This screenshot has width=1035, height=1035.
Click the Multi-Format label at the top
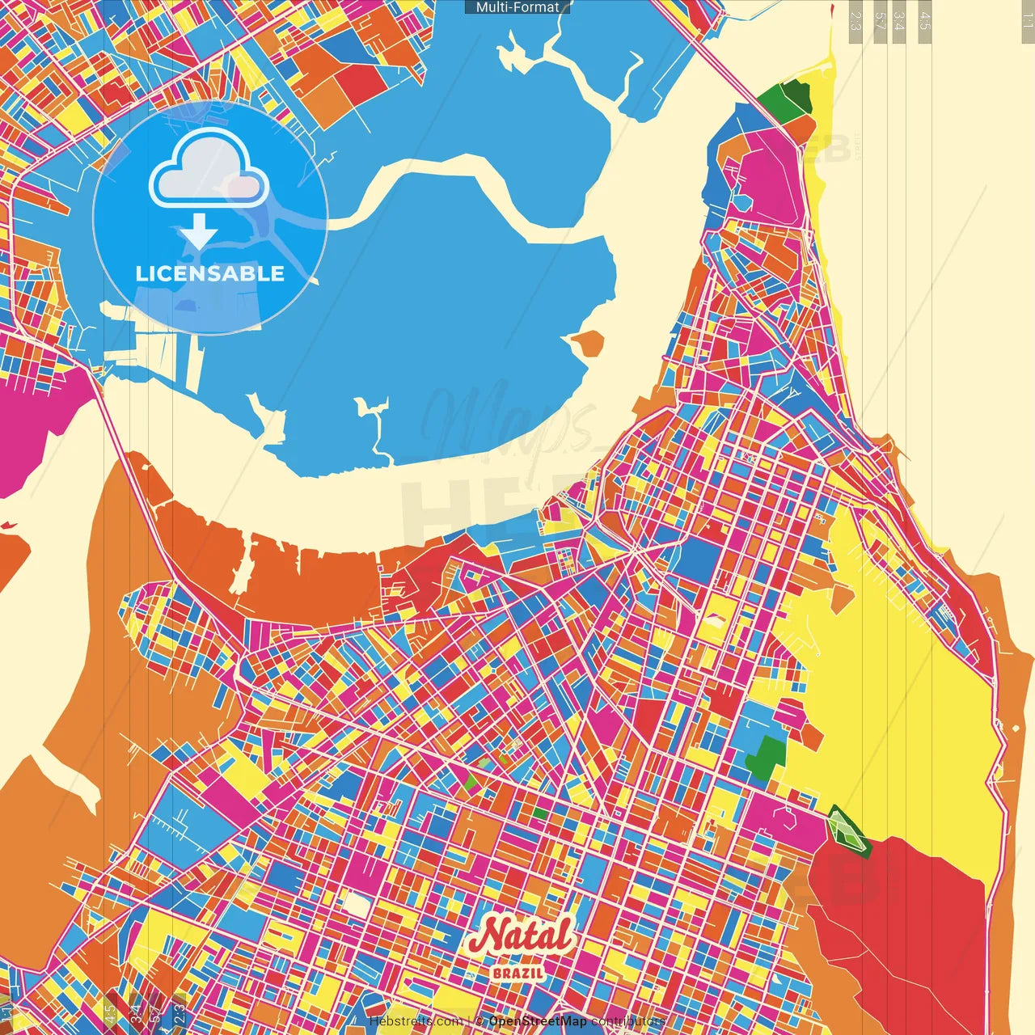(517, 7)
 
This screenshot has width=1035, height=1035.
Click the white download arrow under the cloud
(199, 234)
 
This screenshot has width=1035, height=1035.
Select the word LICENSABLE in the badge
(210, 273)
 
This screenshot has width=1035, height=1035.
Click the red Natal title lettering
(522, 937)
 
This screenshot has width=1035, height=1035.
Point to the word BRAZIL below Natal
(518, 973)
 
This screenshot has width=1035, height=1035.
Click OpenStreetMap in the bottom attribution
(537, 1021)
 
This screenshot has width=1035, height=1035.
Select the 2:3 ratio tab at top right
(855, 20)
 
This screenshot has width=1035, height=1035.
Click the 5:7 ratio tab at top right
(880, 20)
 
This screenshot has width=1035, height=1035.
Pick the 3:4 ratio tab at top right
(899, 20)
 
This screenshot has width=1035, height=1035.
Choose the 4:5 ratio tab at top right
(925, 20)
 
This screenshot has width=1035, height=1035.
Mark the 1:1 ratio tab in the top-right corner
(1027, 20)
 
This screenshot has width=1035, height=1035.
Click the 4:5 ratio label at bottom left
(110, 1013)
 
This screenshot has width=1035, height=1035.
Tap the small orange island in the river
(588, 344)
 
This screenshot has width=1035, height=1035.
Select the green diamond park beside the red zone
(847, 830)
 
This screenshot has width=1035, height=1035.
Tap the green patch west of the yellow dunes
(764, 756)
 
